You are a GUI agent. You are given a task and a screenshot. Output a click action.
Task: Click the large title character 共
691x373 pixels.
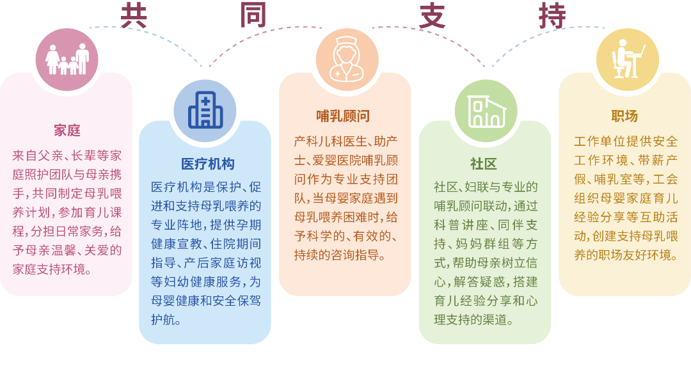tap(134, 16)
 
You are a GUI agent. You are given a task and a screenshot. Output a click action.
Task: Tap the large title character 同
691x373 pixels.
tap(253, 16)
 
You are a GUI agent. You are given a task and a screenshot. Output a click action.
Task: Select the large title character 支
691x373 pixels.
tap(433, 16)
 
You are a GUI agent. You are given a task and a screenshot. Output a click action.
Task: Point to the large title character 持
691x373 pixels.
tap(552, 16)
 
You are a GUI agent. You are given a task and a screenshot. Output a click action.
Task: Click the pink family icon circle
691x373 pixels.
tap(67, 60)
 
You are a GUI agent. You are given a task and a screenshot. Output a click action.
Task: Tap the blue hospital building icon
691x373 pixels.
tap(205, 110)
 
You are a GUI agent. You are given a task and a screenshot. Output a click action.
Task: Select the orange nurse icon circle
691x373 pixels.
tap(347, 60)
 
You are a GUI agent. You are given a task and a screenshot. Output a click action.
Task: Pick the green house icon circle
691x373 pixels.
tap(486, 111)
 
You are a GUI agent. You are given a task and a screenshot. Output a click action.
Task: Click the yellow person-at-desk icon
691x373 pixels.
tap(628, 59)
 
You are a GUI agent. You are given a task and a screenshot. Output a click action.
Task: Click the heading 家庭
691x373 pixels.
tap(67, 131)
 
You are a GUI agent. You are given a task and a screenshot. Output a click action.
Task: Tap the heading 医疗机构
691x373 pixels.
tap(207, 164)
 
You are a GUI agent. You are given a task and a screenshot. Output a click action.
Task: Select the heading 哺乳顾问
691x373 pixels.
tap(343, 116)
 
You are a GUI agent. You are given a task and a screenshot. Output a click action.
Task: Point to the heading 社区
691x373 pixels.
tap(484, 164)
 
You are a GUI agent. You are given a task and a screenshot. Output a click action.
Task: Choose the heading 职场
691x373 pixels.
tap(624, 116)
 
